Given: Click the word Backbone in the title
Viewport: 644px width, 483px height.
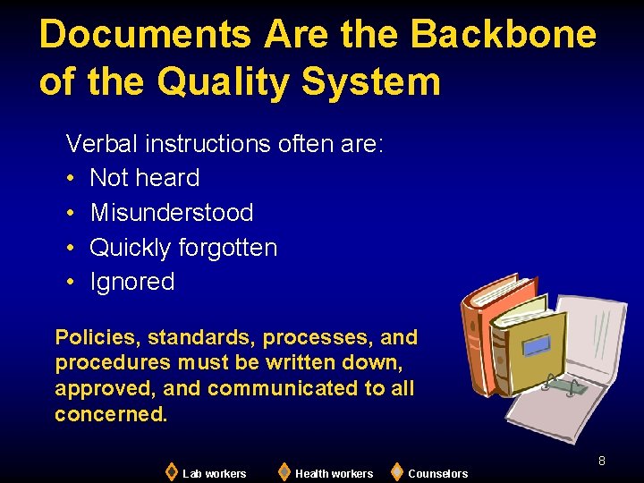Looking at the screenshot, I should (504, 35).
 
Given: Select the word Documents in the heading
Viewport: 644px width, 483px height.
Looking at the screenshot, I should (145, 35).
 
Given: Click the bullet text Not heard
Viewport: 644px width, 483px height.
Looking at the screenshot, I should (145, 178).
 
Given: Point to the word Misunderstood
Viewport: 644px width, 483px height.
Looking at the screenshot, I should (172, 213).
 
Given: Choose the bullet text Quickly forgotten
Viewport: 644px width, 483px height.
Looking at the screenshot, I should (183, 247).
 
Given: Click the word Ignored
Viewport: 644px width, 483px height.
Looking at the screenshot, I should (132, 282).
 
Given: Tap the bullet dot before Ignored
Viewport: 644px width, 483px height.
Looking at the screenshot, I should (72, 283).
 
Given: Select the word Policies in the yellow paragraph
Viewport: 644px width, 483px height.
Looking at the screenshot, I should (97, 337).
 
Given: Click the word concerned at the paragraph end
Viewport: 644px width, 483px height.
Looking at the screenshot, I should (111, 414).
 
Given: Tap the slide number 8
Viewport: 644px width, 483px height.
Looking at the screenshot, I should (602, 461).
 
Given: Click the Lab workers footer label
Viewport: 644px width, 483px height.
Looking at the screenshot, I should (214, 473).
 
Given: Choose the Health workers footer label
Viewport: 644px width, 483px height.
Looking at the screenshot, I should (334, 473).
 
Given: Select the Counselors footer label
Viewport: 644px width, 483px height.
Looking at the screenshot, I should (437, 473).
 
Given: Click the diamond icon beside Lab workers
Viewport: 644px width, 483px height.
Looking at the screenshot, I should (172, 471).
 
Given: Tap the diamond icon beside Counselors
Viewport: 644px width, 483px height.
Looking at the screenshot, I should (397, 471).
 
